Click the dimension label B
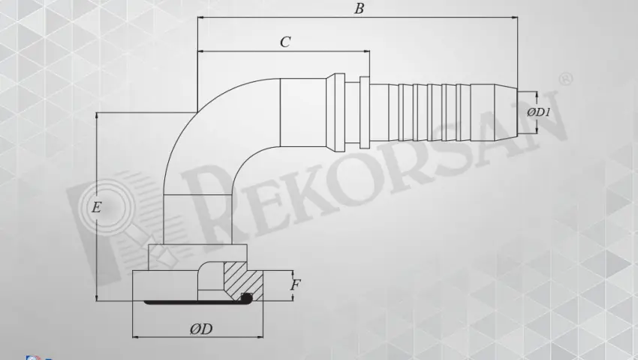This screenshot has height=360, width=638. pyautogui.click(x=359, y=9)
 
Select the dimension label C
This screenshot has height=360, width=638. pyautogui.click(x=285, y=42)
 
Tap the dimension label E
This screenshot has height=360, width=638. pyautogui.click(x=96, y=208)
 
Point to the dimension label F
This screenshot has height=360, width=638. pyautogui.click(x=296, y=285)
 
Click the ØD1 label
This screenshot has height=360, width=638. pyautogui.click(x=539, y=112)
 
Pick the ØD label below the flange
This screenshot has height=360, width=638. pyautogui.click(x=200, y=329)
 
